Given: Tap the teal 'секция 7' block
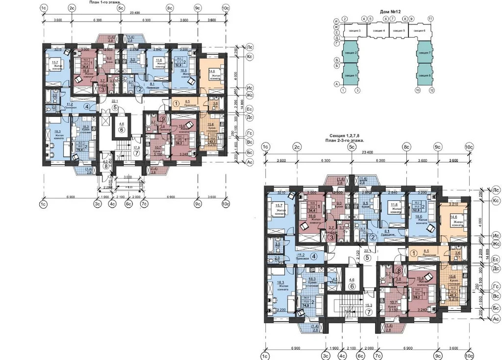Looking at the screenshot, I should [424, 53].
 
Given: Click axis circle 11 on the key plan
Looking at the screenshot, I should [430, 19].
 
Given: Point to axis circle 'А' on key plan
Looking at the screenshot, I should [336, 84].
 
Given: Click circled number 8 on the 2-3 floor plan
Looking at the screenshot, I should [399, 270].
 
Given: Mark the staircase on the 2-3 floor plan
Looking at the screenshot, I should [343, 304].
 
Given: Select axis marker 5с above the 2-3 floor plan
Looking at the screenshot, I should [351, 146].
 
